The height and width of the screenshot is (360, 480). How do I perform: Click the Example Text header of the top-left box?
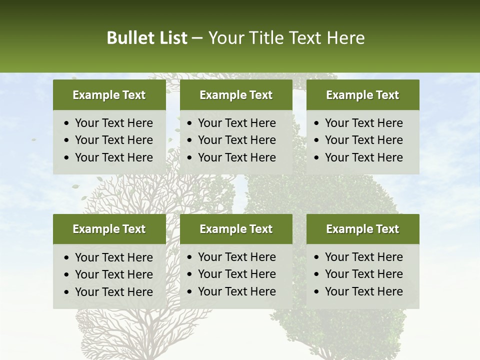pos(109,95)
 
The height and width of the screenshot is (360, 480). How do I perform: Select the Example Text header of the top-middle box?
pos(236,95)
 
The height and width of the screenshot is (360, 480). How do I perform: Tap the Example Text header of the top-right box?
pos(362,95)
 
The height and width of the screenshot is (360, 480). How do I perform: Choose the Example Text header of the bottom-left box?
pos(109,229)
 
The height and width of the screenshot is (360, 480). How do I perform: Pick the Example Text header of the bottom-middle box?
pos(236,229)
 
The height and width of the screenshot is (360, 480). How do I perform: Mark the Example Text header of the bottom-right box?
pos(362,229)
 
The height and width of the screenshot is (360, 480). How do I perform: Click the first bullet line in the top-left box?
pos(113,123)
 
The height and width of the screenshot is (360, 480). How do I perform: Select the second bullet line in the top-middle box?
pos(236,140)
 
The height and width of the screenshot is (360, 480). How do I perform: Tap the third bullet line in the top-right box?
pos(363,157)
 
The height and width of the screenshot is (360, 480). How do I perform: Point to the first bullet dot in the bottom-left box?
pos(67,258)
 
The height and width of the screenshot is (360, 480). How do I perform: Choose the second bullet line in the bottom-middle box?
pos(236,274)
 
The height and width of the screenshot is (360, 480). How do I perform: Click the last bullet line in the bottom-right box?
pos(363,291)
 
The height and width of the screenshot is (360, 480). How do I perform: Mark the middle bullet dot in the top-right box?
pos(317,140)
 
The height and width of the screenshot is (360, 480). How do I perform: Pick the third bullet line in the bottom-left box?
pos(113,292)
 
